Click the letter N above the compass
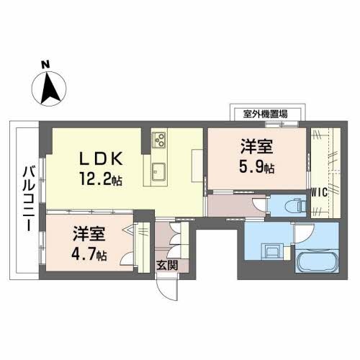coord(45,65)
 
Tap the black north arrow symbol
coord(48,89)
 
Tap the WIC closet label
coord(320,192)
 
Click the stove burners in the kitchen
coord(159,139)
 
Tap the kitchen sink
coord(160,172)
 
